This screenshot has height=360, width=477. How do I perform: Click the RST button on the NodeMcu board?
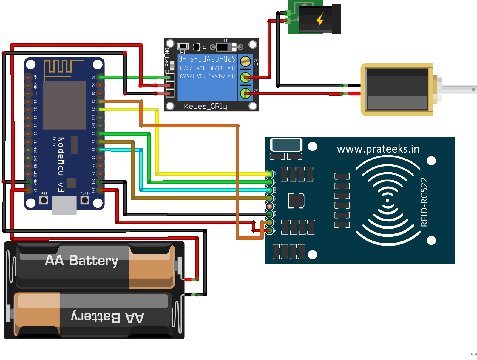click(44, 200)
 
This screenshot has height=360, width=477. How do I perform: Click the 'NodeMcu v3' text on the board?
click(61, 164)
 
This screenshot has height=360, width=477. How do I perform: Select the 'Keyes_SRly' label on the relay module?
click(205, 106)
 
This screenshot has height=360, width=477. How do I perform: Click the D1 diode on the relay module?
click(224, 47)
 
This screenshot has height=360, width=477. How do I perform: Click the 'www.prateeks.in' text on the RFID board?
click(378, 149)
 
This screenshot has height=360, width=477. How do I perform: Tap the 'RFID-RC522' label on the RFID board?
click(424, 202)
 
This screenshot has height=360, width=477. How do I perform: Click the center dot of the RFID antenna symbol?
click(388, 200)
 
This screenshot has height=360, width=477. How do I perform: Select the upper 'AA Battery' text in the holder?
click(81, 260)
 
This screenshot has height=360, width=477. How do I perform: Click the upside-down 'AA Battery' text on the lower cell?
click(108, 317)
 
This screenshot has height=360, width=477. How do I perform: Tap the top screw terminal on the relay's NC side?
click(246, 61)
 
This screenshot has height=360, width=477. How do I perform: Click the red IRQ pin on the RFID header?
click(269, 206)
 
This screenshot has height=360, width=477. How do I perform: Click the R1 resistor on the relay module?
click(183, 46)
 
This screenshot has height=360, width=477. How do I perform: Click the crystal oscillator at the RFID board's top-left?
click(286, 145)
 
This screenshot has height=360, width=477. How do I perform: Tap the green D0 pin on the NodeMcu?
click(101, 77)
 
